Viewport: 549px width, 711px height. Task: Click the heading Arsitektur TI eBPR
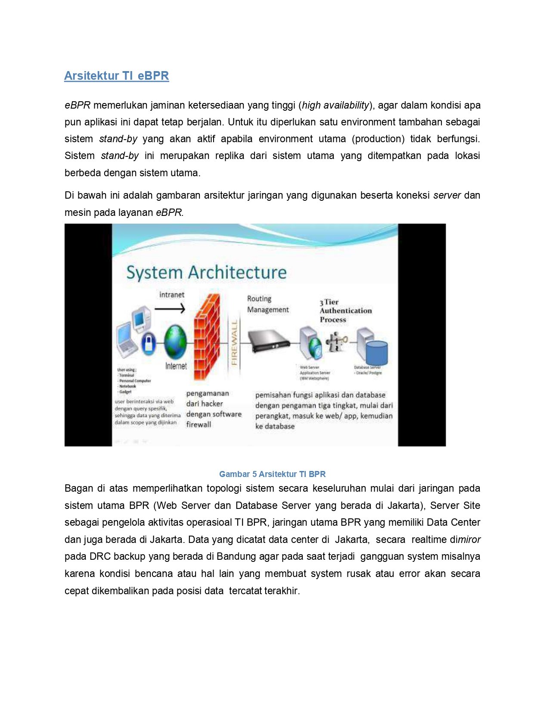click(116, 76)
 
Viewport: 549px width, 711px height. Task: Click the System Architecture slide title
click(206, 272)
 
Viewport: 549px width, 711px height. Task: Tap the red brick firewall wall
click(206, 336)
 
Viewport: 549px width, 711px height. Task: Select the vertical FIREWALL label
click(234, 343)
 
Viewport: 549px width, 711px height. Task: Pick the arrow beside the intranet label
click(170, 309)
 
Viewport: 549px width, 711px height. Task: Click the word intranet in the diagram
click(171, 295)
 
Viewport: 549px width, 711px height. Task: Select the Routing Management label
click(267, 304)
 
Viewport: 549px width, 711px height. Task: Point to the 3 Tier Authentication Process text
click(345, 311)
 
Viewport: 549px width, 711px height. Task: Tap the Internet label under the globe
click(176, 366)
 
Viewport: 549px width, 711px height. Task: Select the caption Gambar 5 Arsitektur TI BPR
click(272, 474)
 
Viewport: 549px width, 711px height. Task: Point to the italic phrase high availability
click(335, 105)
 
